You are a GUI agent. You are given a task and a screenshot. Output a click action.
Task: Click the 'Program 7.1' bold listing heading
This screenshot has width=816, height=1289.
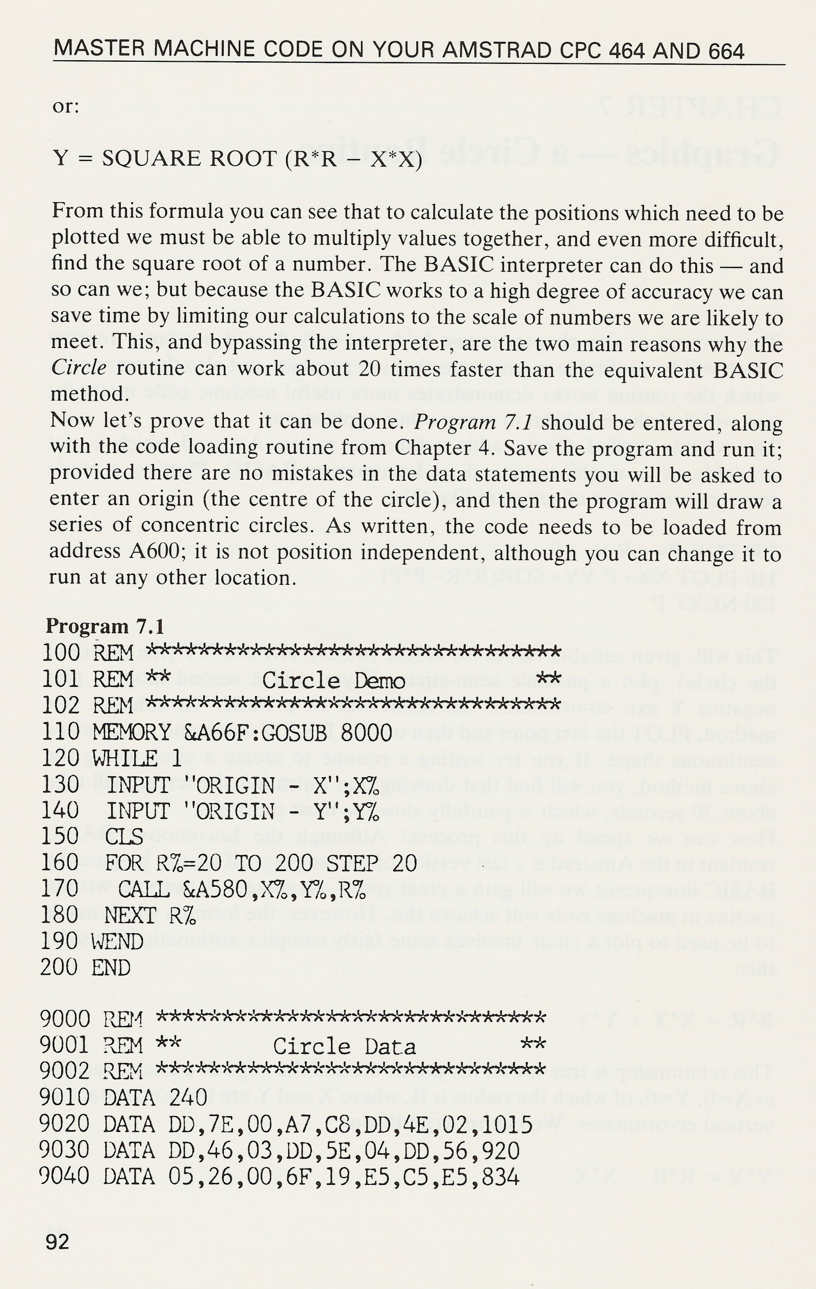(105, 626)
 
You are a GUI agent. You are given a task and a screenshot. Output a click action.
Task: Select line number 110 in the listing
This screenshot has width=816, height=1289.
(60, 731)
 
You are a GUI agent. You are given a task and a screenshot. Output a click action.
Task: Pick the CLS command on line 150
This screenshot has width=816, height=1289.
(124, 836)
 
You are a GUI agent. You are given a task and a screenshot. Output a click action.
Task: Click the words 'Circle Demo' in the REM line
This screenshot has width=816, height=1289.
(334, 680)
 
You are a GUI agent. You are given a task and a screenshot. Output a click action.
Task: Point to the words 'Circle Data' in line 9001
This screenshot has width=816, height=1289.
(344, 1046)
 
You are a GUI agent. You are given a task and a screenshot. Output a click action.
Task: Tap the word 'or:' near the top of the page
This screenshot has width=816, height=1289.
(65, 107)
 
